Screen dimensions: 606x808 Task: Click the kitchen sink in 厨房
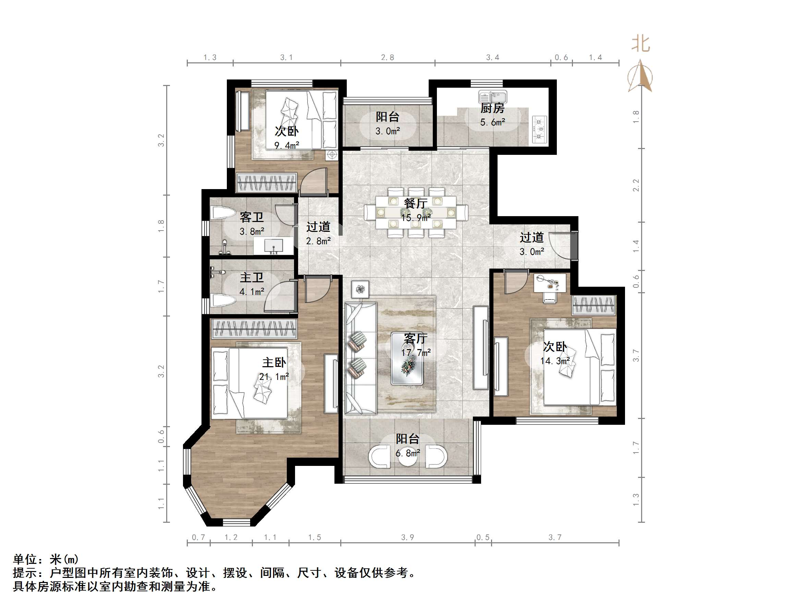tap(493, 97)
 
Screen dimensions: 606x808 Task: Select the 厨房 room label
tap(492, 108)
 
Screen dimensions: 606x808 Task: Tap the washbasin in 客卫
tap(273, 246)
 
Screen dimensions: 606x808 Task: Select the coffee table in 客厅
tap(407, 358)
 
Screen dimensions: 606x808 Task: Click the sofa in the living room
tap(360, 358)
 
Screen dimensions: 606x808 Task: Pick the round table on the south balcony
tap(407, 459)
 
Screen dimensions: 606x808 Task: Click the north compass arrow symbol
tap(640, 77)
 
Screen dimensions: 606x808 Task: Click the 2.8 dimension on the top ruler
tap(387, 57)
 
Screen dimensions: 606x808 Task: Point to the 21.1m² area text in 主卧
tap(274, 376)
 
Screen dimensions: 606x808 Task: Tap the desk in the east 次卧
tap(549, 283)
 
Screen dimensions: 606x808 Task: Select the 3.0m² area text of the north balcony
tap(387, 131)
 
